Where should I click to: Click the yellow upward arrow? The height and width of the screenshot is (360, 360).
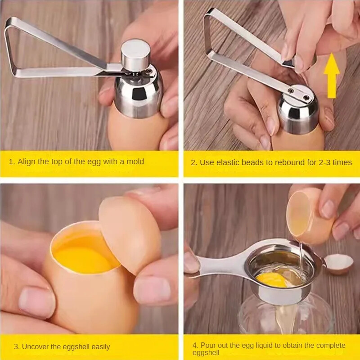pos(331,76)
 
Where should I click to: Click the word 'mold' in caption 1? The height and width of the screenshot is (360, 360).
pos(135,162)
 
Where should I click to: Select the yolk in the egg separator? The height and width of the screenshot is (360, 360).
pos(272,279)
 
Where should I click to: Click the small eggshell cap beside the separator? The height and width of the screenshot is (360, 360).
pos(339,264)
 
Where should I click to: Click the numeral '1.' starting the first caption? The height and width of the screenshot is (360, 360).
pos(12,162)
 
